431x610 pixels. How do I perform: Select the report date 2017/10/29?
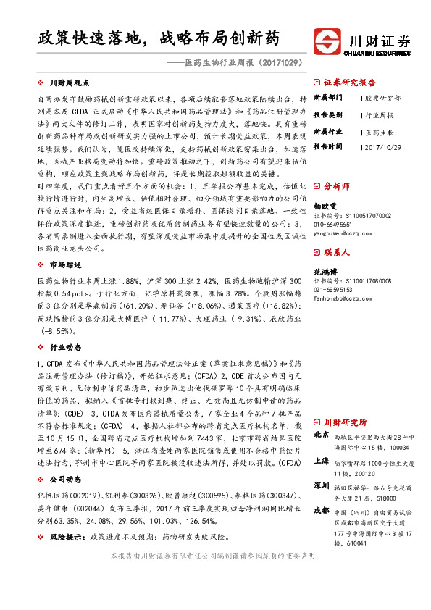385,147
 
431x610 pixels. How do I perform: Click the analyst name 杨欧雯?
325,206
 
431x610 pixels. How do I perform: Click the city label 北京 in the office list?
322,436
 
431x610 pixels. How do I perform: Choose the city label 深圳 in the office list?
322,485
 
